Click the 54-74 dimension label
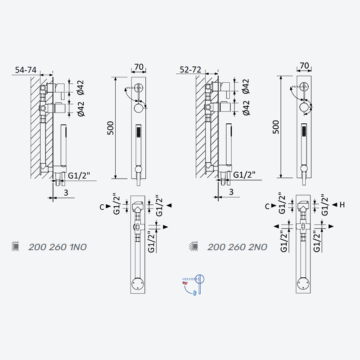click(26, 70)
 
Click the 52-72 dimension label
click(190, 69)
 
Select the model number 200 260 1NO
click(58, 247)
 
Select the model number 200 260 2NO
click(237, 247)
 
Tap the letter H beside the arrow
click(342, 205)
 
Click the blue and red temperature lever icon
click(193, 285)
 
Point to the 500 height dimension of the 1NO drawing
click(110, 128)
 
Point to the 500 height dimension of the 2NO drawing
click(276, 127)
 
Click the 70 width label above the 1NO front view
click(139, 67)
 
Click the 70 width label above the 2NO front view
click(304, 66)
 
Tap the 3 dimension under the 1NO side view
click(66, 193)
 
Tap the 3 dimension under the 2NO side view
click(231, 192)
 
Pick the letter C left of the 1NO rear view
click(102, 207)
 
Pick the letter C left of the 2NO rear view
click(267, 207)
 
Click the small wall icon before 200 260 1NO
click(15, 246)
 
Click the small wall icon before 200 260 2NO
click(193, 246)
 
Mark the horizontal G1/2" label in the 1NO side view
click(79, 176)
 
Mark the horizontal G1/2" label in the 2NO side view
click(244, 175)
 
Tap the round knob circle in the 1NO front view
click(139, 108)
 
